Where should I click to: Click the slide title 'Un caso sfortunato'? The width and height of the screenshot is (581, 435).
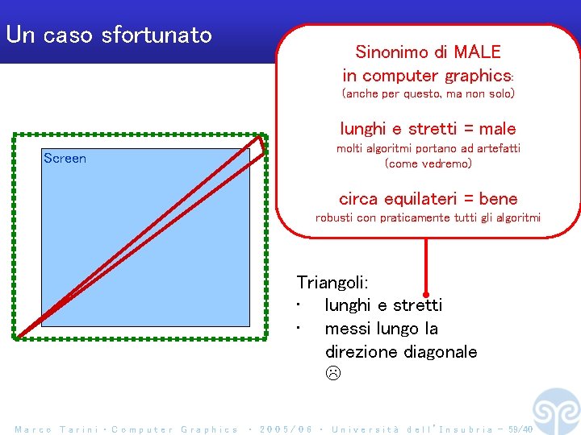108,35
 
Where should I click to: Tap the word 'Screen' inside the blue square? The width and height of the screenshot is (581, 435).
65,159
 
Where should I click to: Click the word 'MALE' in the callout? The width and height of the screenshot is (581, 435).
477,52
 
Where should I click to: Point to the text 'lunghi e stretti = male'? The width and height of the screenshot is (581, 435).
428,129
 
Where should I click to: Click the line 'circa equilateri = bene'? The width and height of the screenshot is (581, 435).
428,198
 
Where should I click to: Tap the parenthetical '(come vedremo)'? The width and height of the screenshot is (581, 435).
428,164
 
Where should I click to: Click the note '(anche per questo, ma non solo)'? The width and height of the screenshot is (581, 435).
428,94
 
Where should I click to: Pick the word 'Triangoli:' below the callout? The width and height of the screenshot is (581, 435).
332,283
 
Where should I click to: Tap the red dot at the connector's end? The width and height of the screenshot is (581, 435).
426,295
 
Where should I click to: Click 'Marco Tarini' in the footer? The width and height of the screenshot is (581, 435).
56,429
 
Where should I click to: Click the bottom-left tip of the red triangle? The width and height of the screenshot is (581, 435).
19,333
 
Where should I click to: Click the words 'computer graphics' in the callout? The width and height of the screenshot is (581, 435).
436,76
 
